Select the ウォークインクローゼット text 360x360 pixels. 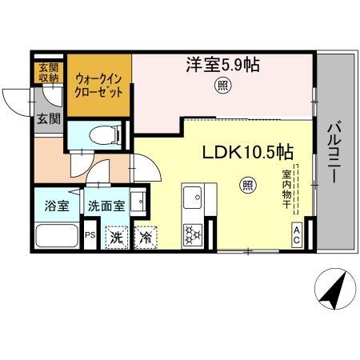tap(99, 85)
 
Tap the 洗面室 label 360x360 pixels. tap(106, 205)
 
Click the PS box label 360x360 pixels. tap(90, 234)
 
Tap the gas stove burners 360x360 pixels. tap(194, 233)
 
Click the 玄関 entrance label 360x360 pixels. tap(47, 119)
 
